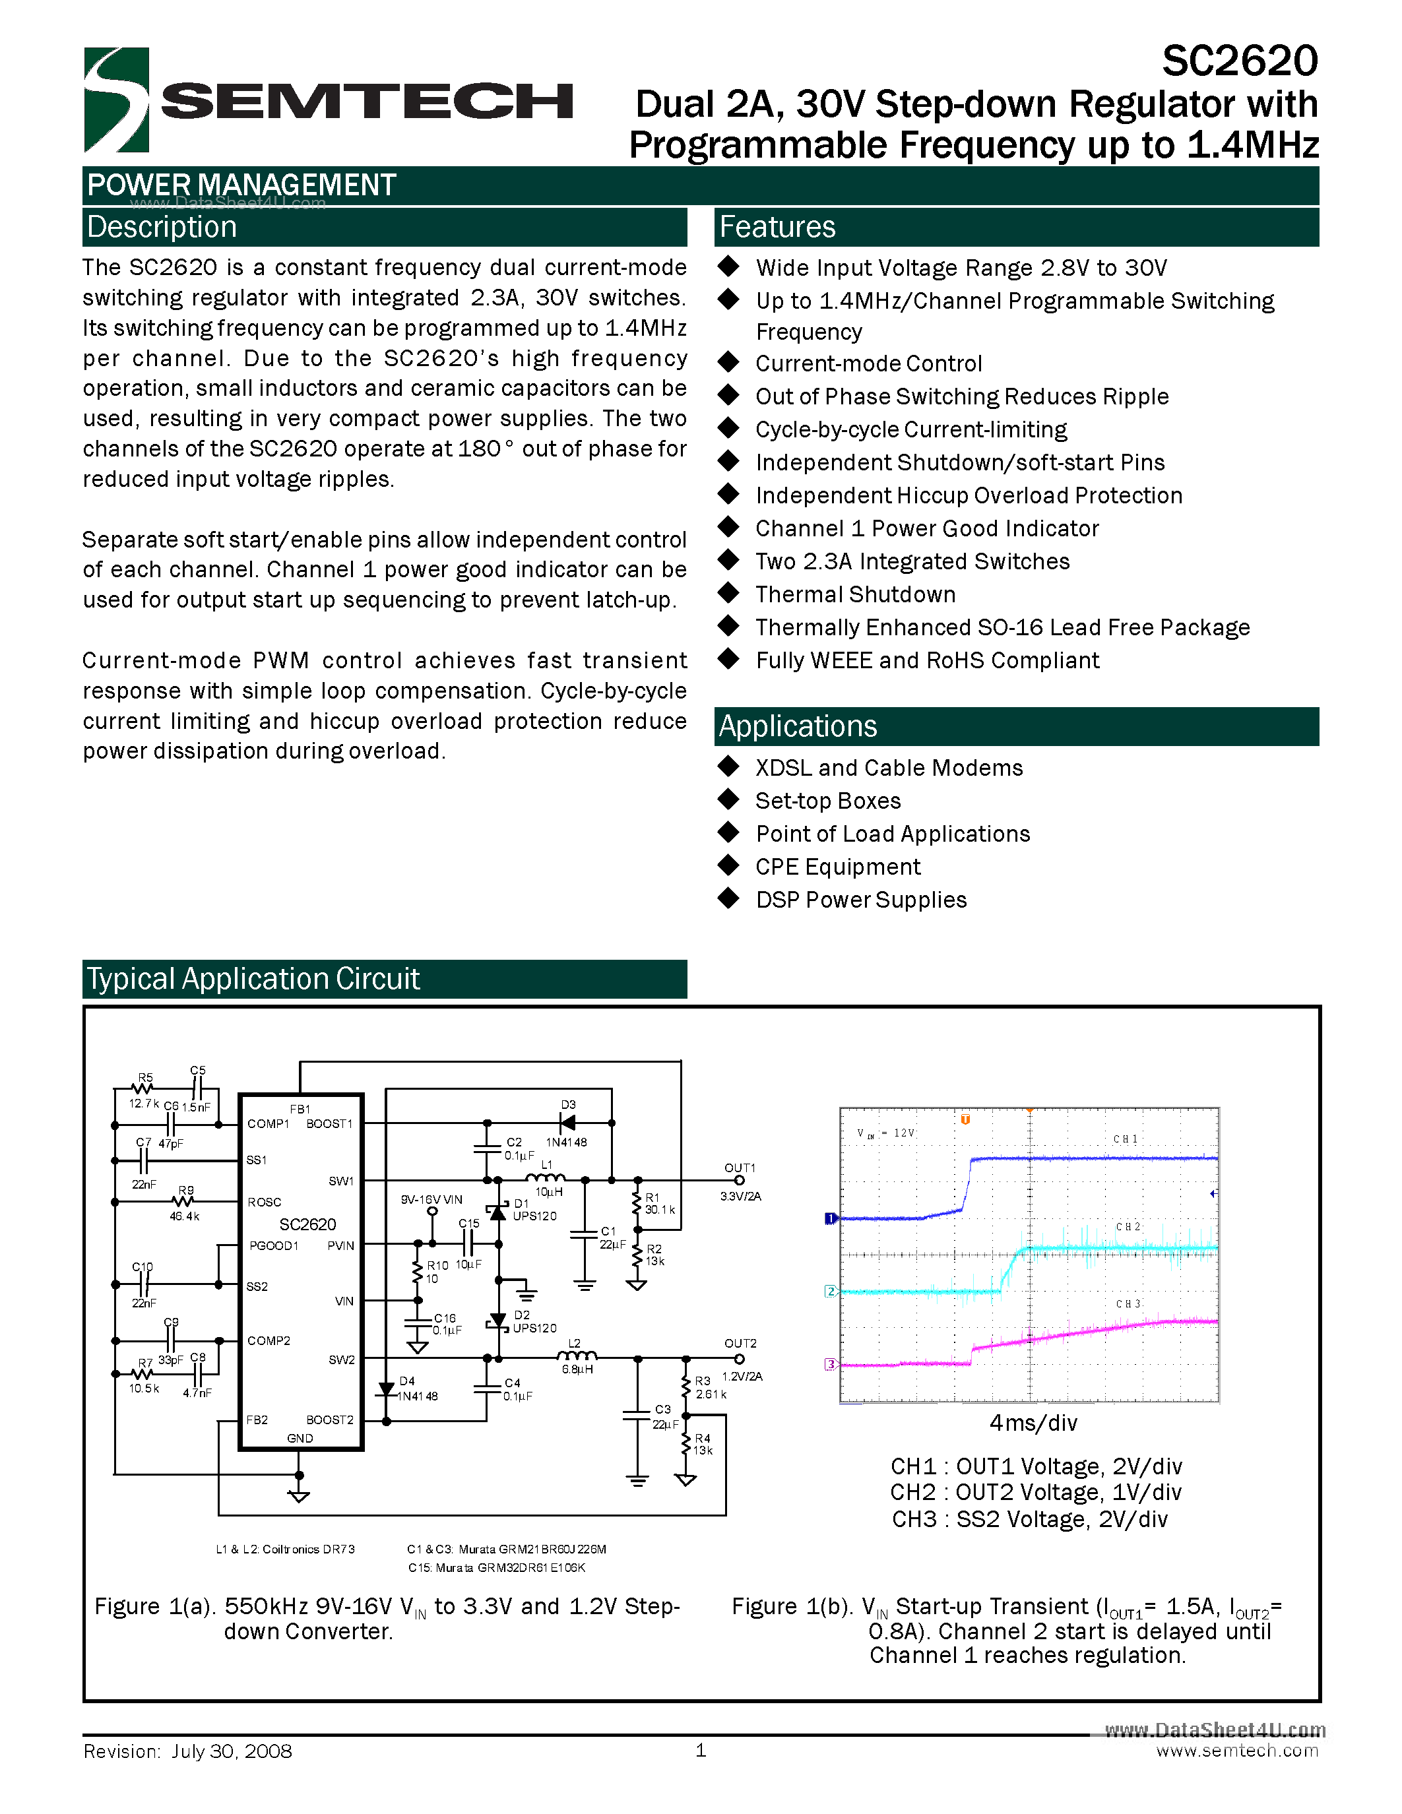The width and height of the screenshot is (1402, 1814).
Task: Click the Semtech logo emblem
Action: coord(116,100)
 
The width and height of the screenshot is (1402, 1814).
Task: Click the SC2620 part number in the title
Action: coord(1239,61)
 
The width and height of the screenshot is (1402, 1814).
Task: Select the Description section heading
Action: coord(162,227)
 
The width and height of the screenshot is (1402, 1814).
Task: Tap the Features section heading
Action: coord(777,227)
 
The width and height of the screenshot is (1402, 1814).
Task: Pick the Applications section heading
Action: coord(798,726)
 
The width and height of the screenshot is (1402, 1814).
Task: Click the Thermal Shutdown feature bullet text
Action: coord(856,595)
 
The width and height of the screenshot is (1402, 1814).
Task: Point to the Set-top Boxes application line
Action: coord(828,801)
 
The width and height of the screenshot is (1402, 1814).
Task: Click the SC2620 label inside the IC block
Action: coord(307,1224)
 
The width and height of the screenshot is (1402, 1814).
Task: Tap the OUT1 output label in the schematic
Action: coord(739,1168)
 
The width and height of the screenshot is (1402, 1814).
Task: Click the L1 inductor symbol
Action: coord(546,1177)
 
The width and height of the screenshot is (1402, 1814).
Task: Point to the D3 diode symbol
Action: coord(568,1123)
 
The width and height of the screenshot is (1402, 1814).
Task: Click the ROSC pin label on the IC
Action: coord(264,1202)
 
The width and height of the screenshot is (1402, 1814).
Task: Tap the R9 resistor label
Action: coord(186,1190)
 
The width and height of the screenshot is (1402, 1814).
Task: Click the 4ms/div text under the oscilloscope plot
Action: coord(1033,1423)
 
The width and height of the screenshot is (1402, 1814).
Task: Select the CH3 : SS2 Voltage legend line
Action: coord(1030,1519)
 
